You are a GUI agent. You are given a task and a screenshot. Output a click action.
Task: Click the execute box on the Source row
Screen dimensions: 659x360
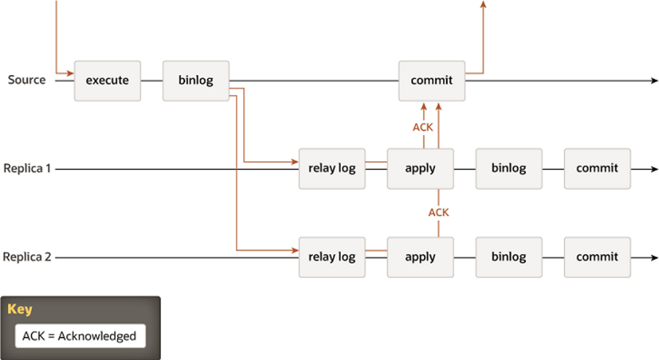tap(107, 81)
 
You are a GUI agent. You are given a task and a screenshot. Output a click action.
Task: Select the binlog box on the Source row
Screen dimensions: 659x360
tap(196, 81)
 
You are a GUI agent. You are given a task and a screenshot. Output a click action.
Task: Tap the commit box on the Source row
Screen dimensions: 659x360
tap(432, 81)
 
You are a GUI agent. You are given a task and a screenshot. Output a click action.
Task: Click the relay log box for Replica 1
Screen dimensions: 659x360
tap(332, 168)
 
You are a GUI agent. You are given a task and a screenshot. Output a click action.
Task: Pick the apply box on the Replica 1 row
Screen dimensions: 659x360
tap(420, 168)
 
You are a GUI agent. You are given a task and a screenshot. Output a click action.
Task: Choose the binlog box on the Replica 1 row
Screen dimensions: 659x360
tap(509, 168)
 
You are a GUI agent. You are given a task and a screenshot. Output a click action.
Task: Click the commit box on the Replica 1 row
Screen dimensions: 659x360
tap(597, 168)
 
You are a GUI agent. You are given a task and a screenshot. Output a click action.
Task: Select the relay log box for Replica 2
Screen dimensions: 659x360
tap(332, 258)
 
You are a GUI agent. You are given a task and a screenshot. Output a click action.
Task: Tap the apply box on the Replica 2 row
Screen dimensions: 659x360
tap(420, 258)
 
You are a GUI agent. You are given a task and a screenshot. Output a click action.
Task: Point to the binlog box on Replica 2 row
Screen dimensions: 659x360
tap(509, 258)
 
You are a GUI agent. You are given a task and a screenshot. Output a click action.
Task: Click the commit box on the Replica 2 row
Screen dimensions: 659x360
tap(597, 258)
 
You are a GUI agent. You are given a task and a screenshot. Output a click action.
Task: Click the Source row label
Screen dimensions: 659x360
tap(27, 80)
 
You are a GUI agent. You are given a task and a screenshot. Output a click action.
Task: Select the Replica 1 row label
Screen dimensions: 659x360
tap(27, 168)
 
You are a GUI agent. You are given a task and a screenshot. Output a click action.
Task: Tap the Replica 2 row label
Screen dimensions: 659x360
tap(27, 257)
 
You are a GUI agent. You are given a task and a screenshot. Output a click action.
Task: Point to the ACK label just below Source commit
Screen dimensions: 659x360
tap(423, 127)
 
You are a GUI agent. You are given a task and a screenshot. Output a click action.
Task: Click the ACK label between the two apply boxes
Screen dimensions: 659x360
tap(439, 213)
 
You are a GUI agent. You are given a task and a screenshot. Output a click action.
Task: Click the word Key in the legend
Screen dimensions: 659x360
tap(20, 309)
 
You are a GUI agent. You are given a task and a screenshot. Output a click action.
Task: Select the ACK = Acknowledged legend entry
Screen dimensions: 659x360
tap(79, 336)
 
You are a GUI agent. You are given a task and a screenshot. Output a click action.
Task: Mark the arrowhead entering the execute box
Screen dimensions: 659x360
tap(71, 73)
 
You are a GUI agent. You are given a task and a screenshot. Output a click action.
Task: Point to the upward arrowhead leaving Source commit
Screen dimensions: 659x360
tap(483, 4)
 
